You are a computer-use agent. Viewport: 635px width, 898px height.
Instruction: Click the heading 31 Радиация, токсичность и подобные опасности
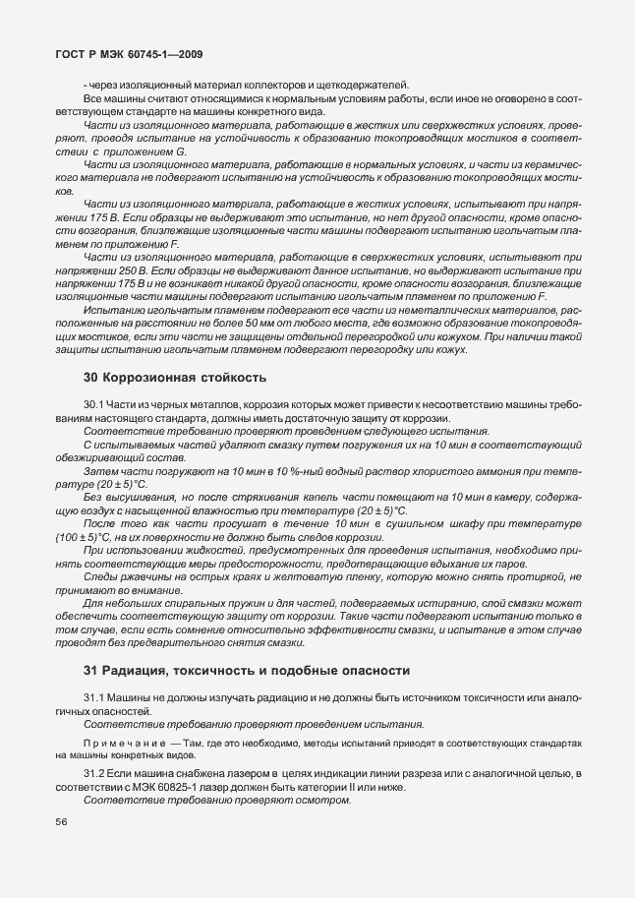coord(246,671)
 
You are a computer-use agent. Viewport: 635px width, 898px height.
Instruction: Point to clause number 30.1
coord(94,405)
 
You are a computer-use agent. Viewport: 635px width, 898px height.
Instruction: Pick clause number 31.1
coord(94,697)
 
